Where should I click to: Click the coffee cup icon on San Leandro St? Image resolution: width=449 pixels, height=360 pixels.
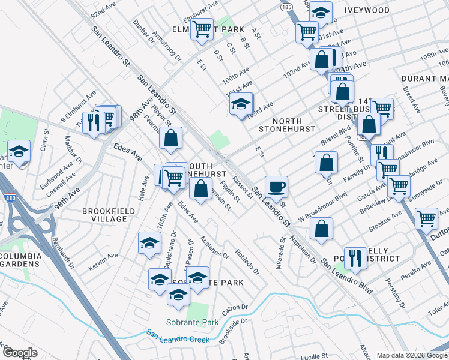[x=276, y=187]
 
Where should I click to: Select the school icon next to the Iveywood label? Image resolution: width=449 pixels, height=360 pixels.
[x=321, y=12]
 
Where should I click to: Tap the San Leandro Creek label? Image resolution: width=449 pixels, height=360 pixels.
[x=178, y=337]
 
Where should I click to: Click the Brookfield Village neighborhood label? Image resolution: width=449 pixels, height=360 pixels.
[x=105, y=215]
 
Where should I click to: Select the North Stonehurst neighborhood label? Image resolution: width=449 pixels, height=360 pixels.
[x=283, y=124]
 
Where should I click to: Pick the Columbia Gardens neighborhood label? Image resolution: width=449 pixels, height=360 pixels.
[x=20, y=260]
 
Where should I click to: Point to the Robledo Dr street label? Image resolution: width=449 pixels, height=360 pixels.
[x=247, y=262]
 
